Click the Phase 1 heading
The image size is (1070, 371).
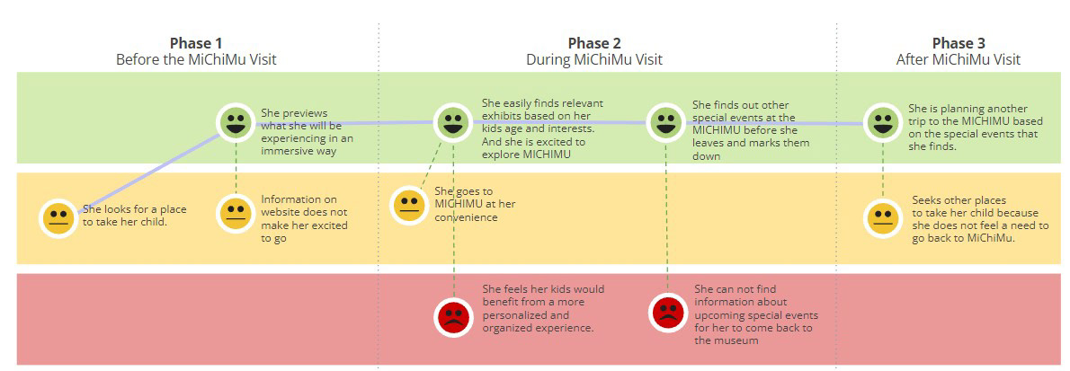pos(196,44)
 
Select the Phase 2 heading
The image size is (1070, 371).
pos(594,44)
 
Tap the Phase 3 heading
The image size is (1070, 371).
pos(959,44)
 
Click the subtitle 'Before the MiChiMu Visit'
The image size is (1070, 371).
pos(196,60)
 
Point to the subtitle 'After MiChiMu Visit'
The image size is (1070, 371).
pos(959,60)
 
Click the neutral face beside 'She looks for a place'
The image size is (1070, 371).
pos(58,218)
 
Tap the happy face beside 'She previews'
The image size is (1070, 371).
pos(236,123)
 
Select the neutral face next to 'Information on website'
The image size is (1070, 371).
pos(236,214)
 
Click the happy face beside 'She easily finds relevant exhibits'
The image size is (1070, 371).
pos(453,123)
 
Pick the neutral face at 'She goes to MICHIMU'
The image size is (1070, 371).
pos(409,205)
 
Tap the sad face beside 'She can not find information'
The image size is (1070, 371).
pos(668,313)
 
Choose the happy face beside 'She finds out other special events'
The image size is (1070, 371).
pos(665,123)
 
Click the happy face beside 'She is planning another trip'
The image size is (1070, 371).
pos(883,123)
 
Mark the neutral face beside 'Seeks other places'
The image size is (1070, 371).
pos(883,218)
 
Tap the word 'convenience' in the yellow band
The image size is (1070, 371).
pos(466,218)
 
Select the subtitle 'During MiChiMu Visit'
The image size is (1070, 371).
pos(594,60)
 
